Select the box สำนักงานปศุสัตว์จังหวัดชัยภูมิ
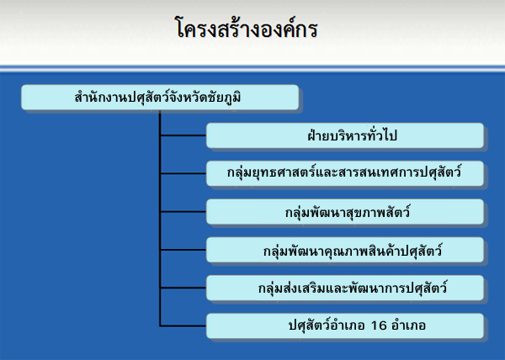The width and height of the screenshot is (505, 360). coord(160,98)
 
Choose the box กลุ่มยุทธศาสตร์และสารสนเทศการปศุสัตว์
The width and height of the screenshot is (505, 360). coord(345,174)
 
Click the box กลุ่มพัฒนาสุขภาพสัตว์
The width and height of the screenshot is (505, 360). coord(345,212)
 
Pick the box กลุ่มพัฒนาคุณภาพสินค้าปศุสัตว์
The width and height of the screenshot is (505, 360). coord(345,251)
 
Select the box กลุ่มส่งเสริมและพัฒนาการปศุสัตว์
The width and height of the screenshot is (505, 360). coord(345,289)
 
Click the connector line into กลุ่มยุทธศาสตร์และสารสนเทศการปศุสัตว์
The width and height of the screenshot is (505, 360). coord(183,174)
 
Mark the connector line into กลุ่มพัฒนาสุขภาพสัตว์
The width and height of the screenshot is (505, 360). coord(183,212)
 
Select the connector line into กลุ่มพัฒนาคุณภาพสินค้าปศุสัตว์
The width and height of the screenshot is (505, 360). coord(183,251)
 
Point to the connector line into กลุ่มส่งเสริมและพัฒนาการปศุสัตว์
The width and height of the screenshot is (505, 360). coord(183,289)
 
